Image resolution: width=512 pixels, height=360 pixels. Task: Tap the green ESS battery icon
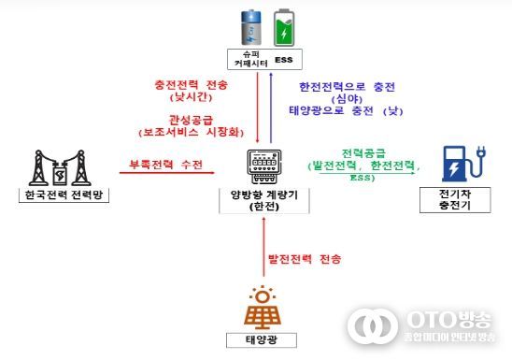282,29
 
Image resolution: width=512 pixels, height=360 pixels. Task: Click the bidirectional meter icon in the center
264,166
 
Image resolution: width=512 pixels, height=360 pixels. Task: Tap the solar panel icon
265,305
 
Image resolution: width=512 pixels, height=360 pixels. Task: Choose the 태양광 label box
264,338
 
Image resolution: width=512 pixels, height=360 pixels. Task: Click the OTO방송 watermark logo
425,324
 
